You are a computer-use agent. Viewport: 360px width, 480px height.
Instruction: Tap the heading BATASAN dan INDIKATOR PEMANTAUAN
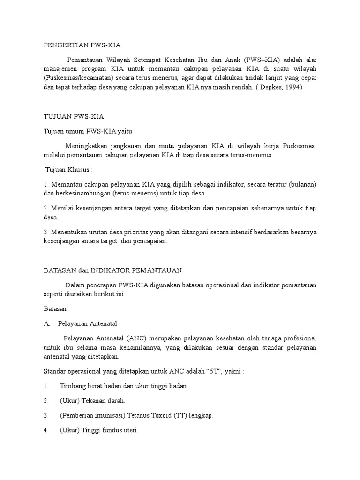pos(112,270)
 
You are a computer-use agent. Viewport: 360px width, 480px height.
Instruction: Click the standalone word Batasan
pos(55,309)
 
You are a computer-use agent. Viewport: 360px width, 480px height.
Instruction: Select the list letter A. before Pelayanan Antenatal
pos(46,323)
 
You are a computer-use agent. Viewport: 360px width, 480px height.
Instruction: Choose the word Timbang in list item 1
pos(72,386)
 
